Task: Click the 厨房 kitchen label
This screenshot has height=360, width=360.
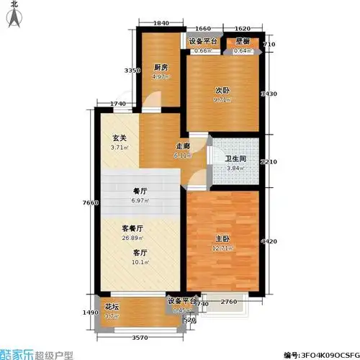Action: (160, 68)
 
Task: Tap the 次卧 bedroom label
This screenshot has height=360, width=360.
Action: (221, 91)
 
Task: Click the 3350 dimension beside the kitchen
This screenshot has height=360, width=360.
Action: (130, 71)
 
